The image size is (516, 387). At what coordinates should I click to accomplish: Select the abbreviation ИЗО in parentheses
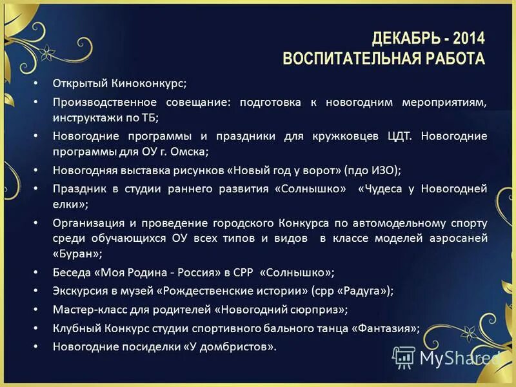coord(381,171)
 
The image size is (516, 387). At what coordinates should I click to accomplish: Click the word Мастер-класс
coord(86,309)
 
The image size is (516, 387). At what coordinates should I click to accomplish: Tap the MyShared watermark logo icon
coord(404,357)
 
